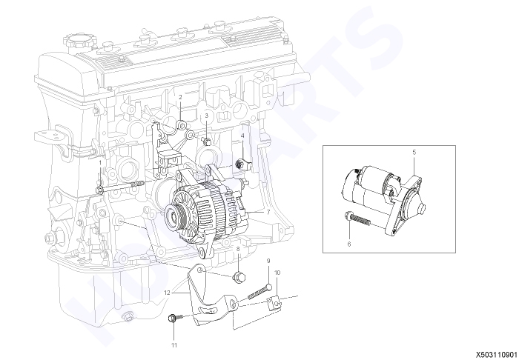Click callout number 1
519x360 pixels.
101,163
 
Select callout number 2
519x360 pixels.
180,97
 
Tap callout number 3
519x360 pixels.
207,116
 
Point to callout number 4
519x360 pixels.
242,136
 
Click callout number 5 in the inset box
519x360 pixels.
414,153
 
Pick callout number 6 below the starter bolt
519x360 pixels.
349,244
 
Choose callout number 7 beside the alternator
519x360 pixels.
268,212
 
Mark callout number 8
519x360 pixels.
238,248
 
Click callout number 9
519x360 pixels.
268,261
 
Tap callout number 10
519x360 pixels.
277,273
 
